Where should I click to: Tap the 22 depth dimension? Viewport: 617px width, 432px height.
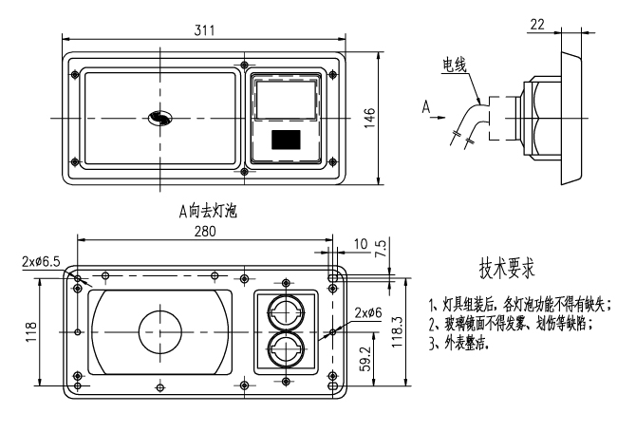537,23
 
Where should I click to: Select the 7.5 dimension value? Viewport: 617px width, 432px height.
382,250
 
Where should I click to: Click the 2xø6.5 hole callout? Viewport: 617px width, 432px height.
40,260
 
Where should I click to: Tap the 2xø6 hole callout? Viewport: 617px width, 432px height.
369,313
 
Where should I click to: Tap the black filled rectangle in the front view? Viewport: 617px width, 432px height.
286,141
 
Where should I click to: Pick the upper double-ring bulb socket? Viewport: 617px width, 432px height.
286,310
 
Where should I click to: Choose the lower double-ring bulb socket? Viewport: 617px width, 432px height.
286,348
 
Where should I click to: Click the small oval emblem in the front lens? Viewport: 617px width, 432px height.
159,119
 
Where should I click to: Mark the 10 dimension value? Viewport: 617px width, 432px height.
360,243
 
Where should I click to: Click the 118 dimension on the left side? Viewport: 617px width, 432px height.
31,332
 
